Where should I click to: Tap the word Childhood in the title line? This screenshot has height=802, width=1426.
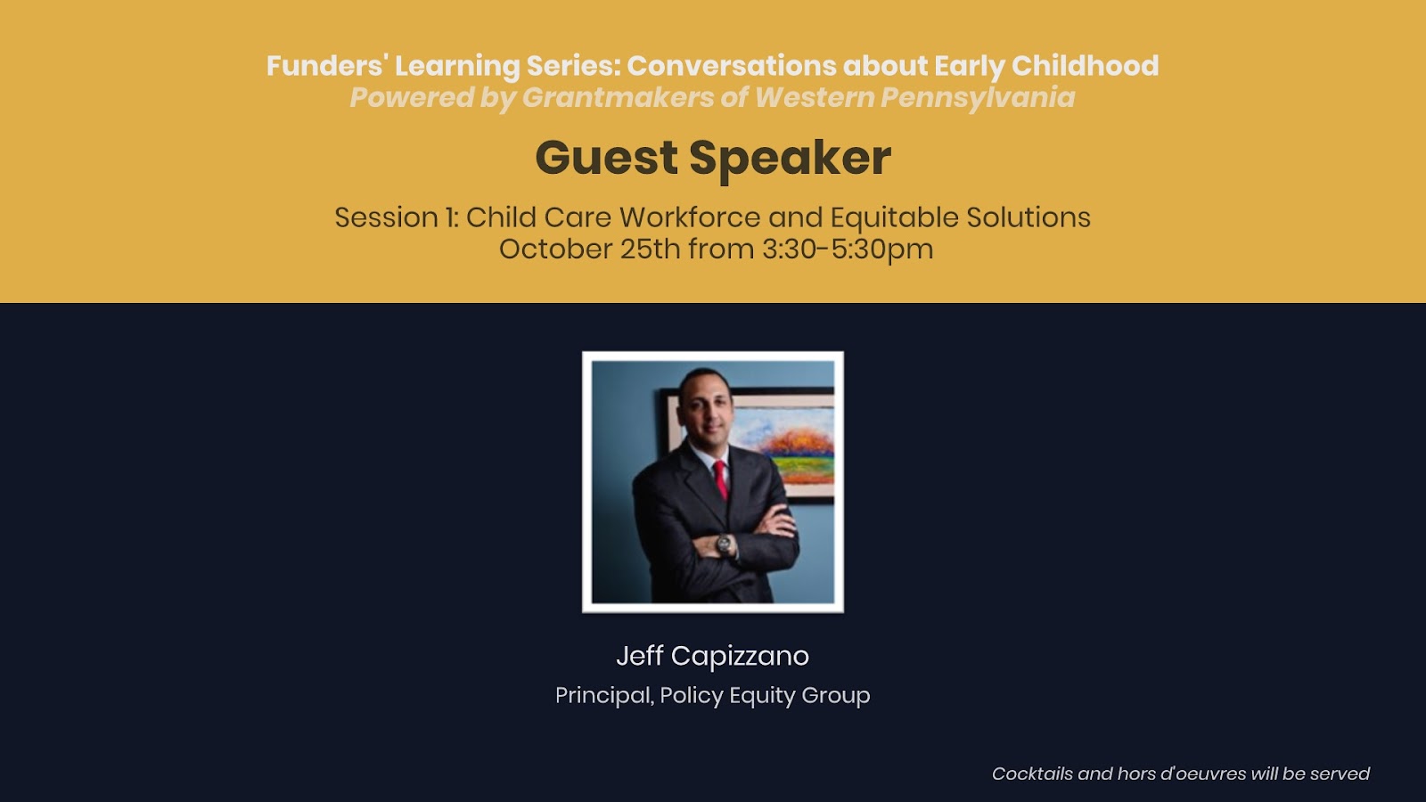(1085, 66)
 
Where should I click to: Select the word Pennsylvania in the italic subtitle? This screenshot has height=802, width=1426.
(978, 98)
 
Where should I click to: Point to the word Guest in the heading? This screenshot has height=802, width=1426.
(606, 158)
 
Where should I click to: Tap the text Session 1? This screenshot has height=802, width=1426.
(397, 217)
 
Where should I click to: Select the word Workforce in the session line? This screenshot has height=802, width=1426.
(690, 217)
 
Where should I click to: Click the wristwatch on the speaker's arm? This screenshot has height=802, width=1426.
(725, 544)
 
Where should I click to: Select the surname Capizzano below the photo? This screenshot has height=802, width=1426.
(740, 657)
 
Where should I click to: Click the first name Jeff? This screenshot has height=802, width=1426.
(640, 656)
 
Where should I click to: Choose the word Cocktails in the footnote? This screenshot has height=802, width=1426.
(1032, 774)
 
